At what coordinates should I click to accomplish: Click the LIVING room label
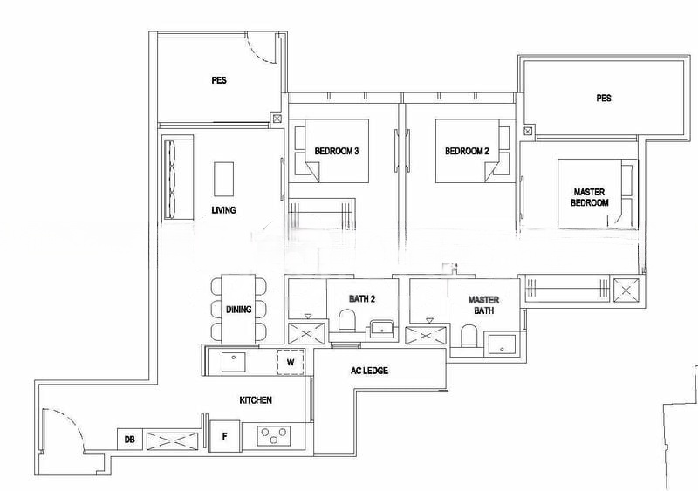coord(224,210)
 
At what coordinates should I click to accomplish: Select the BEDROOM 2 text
coord(466,151)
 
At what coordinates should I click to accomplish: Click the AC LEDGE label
coord(369,371)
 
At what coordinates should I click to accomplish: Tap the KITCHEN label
coord(257,400)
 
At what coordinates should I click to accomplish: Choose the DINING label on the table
coord(238,310)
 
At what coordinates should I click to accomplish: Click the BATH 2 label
coord(362,299)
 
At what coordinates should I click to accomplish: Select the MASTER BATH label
coord(482,304)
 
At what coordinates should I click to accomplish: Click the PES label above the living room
coord(219,81)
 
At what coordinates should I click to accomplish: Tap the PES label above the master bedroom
coord(604,99)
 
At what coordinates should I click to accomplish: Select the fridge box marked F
coord(225,435)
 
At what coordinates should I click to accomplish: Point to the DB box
coord(129,440)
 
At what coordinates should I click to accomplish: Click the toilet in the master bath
coord(469,334)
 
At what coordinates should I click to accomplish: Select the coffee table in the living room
coord(224,179)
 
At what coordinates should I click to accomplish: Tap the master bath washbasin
coord(503,344)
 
